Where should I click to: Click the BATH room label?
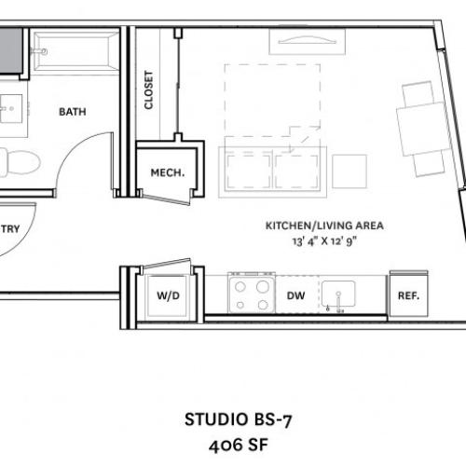coord(73,112)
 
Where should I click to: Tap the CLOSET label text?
coord(148,90)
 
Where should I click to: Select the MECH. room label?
coord(168,172)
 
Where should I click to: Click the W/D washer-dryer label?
coord(168,295)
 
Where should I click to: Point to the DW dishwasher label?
coord(295,295)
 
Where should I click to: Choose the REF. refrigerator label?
coord(408,295)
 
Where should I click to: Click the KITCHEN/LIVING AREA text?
coord(324,226)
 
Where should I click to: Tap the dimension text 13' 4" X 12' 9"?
coord(324,241)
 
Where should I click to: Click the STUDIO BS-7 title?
coord(239,419)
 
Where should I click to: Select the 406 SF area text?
coord(239,445)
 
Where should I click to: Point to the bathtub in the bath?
coord(75,51)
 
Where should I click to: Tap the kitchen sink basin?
coord(338,294)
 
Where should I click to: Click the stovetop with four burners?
coord(252,293)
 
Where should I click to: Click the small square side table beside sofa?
coord(349,171)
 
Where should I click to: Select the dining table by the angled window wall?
coord(424,129)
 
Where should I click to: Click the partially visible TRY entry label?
coord(10,229)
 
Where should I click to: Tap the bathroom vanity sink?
coord(11,109)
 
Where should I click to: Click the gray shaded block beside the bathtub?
coord(11,51)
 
